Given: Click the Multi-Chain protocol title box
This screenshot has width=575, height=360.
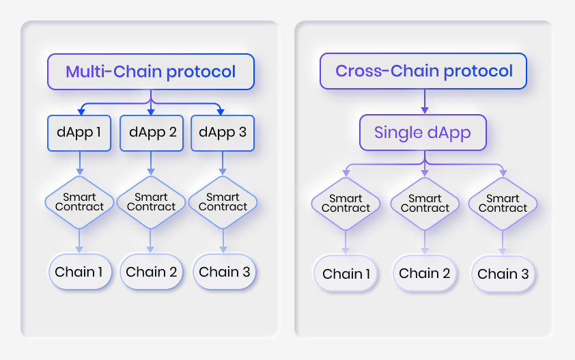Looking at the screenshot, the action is point(151,72).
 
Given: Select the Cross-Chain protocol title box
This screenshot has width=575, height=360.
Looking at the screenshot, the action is point(423,71).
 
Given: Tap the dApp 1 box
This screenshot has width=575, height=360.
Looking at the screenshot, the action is point(79,133).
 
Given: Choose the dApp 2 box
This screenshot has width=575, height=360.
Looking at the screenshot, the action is point(152,133).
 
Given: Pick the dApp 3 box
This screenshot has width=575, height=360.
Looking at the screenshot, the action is point(223,133).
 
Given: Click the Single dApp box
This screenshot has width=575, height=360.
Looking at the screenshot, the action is point(423,133).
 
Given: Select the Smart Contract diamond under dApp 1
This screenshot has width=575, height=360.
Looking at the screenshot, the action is point(79,203).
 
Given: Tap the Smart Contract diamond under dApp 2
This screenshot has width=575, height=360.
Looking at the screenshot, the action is point(151,203).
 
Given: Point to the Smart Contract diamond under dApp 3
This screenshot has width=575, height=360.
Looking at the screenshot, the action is point(223,203).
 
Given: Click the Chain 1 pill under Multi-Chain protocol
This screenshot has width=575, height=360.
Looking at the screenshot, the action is point(80,272).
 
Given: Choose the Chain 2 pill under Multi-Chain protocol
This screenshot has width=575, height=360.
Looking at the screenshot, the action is point(152,272).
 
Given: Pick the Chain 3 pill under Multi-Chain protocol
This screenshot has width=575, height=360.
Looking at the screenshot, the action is point(225,272).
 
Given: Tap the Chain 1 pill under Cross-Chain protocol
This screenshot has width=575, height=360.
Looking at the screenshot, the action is point(346,274).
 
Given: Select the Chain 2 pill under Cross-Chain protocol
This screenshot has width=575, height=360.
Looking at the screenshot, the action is point(424,273).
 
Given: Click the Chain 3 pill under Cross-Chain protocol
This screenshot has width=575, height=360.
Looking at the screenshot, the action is point(503,274).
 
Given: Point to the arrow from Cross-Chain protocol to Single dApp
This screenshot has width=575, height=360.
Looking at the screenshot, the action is point(425,102).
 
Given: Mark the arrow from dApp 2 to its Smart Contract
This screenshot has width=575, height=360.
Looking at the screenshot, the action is point(151,163).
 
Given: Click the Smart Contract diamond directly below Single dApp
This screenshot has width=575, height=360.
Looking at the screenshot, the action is point(425,204).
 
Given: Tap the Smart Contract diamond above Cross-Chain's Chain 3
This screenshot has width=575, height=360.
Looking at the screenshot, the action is point(503,204).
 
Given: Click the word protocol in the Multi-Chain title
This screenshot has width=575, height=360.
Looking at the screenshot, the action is point(201,72).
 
